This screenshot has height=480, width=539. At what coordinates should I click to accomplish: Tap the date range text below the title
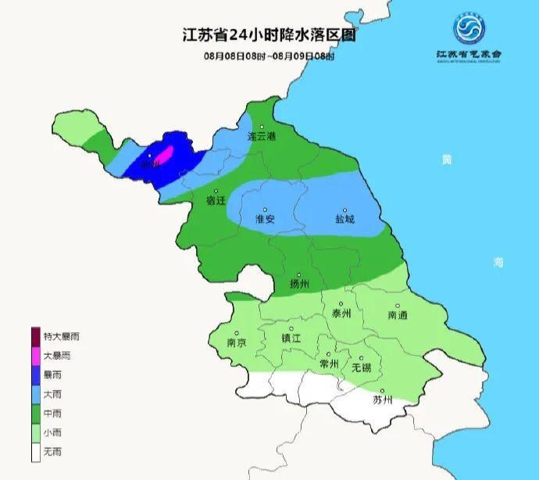[269, 56]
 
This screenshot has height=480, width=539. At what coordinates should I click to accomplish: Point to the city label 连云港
[262, 136]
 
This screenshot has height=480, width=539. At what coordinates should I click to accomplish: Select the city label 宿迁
[216, 200]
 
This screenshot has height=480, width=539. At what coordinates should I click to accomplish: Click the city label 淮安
[265, 220]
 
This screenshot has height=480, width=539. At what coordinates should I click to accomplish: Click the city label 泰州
[341, 313]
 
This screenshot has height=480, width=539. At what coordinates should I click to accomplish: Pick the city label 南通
[397, 315]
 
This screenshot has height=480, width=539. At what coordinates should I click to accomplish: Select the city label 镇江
[291, 338]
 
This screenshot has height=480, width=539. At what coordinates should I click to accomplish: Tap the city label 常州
[329, 364]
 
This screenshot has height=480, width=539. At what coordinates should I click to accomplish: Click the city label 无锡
[361, 367]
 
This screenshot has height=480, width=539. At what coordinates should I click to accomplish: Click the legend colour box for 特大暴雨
[36, 336]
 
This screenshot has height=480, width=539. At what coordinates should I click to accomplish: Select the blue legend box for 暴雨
[36, 374]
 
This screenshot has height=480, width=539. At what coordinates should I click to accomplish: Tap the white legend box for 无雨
[36, 452]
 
